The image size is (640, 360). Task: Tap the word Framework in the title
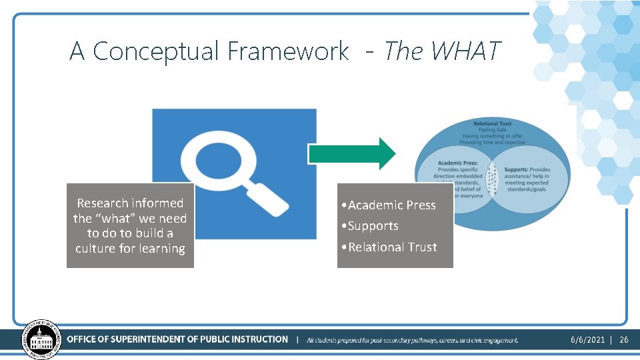(288, 51)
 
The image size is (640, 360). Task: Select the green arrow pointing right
(352, 153)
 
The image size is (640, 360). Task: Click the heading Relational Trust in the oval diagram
(493, 123)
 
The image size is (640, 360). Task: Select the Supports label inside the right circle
(518, 169)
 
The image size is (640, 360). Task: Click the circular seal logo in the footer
(41, 339)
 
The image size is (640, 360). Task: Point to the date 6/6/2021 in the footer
(587, 340)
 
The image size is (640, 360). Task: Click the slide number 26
(624, 340)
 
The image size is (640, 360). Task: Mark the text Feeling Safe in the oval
(493, 130)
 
